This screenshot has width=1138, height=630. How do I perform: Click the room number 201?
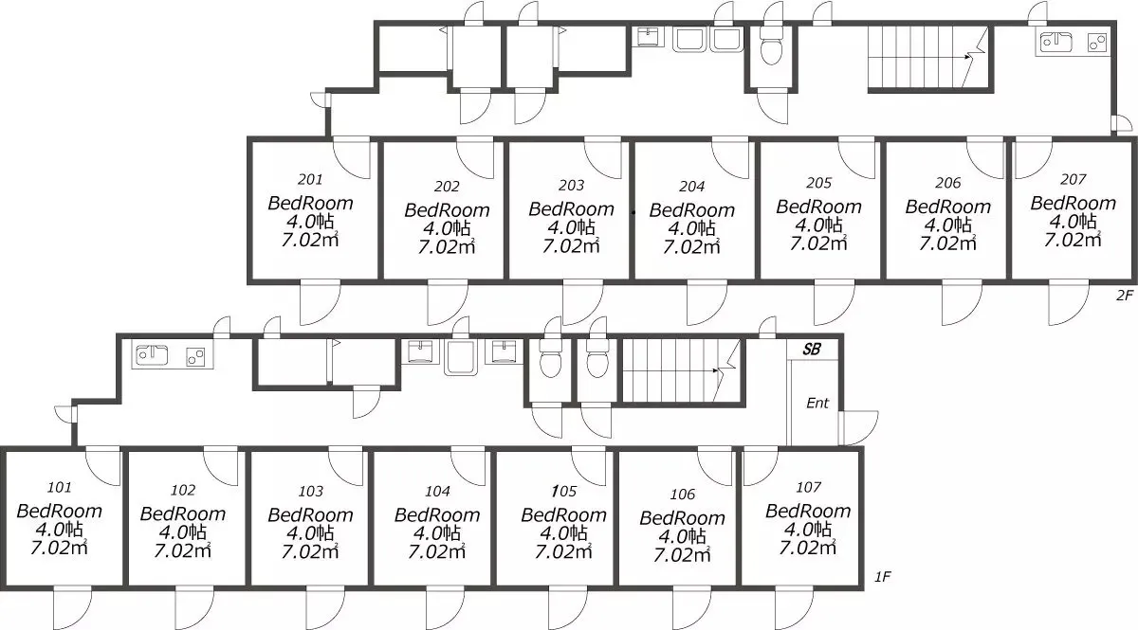click(x=310, y=179)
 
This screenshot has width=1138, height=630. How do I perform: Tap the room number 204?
click(x=692, y=187)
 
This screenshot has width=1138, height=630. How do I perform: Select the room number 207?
click(x=1073, y=179)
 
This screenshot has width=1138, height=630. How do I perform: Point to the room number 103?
click(x=310, y=491)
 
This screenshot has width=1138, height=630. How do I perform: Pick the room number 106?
click(x=682, y=494)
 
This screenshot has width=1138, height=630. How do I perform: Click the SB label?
click(x=812, y=350)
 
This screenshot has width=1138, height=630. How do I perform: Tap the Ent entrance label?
click(x=817, y=403)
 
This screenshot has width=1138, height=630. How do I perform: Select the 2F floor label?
click(x=1125, y=295)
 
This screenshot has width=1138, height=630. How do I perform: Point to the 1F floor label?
click(x=883, y=577)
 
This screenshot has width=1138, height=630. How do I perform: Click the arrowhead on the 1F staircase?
click(x=716, y=370)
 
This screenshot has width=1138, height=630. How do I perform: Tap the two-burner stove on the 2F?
click(x=1097, y=42)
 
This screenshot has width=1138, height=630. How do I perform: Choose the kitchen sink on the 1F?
click(x=152, y=355)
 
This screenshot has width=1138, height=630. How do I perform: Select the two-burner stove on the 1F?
click(x=195, y=356)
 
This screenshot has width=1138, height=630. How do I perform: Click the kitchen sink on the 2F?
click(x=1055, y=42)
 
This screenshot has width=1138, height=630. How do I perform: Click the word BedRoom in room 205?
click(x=819, y=207)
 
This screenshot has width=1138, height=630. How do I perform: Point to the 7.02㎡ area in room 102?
click(x=182, y=550)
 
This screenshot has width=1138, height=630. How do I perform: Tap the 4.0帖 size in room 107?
click(x=808, y=530)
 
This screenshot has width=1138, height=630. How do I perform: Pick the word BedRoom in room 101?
click(x=60, y=511)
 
